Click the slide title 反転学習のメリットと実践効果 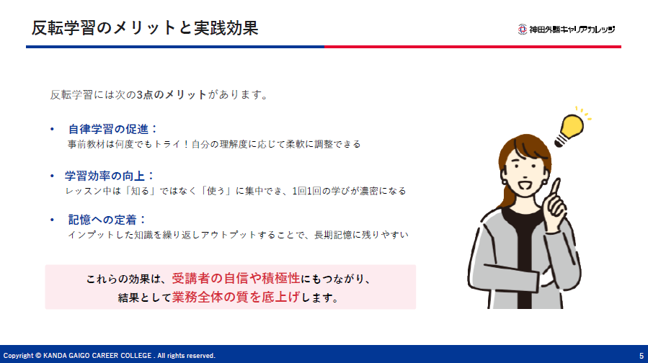145,28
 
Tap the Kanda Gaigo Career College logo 566,30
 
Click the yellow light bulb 570,129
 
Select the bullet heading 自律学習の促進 109,129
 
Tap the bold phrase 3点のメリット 172,94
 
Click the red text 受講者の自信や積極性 236,278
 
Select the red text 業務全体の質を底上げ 236,297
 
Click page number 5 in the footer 642,356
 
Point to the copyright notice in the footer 110,356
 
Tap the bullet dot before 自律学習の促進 52,129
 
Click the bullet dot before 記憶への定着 52,220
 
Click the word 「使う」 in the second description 216,191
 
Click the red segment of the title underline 473,47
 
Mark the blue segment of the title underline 175,47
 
